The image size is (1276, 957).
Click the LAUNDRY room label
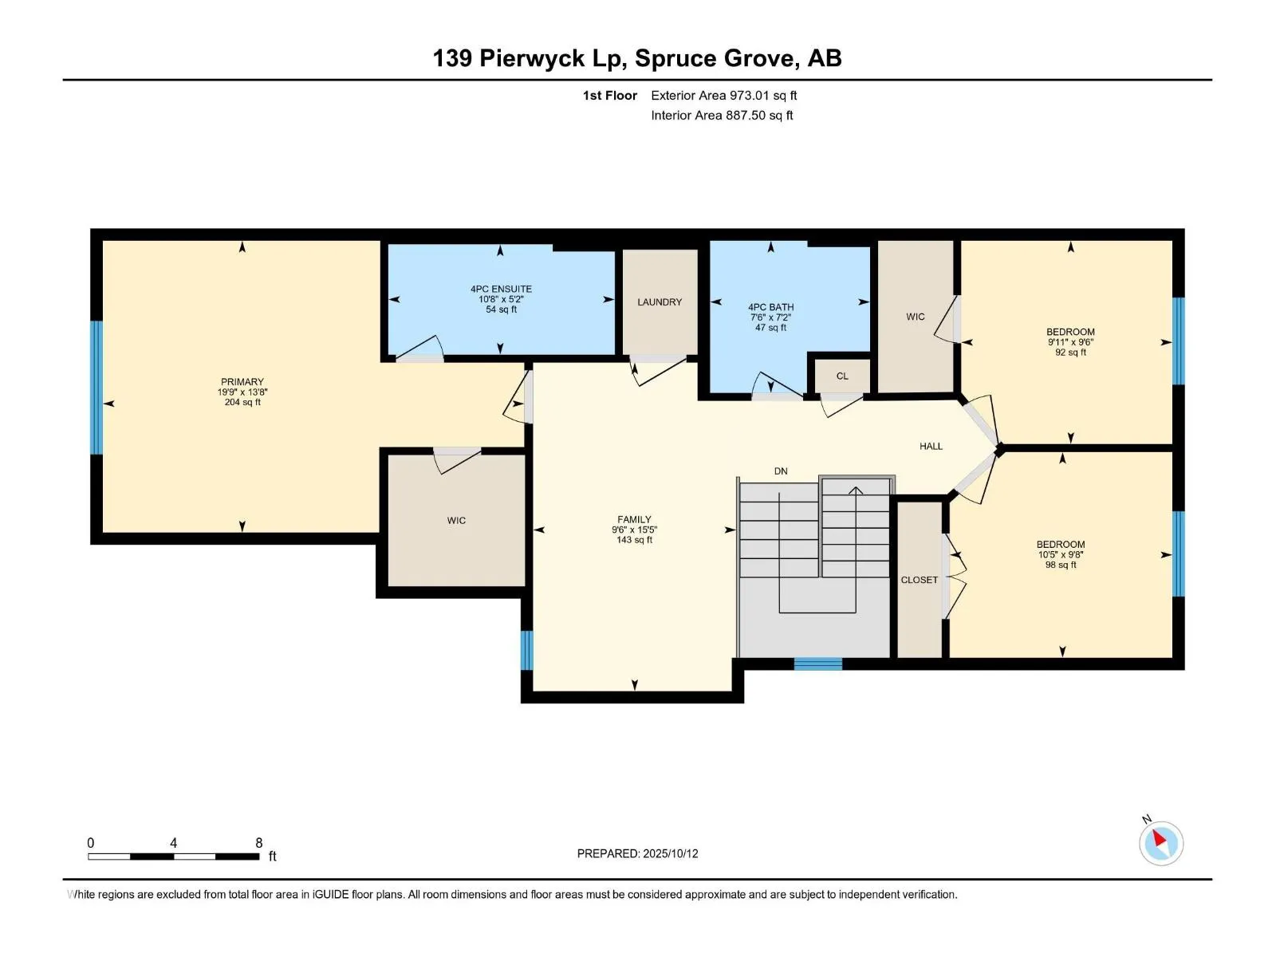coord(660,302)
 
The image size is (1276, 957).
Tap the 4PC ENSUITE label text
coord(501,289)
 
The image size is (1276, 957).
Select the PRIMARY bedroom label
coord(242,382)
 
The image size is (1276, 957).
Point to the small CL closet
coord(842,376)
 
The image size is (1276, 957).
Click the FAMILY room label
coord(634,519)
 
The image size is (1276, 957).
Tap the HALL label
coord(931,447)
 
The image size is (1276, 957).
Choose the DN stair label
coord(781,471)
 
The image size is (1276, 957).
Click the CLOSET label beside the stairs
coord(919,580)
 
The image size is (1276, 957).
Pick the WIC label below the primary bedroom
coord(456,521)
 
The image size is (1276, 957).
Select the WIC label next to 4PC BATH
coord(915,317)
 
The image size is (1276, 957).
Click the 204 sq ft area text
coord(242,402)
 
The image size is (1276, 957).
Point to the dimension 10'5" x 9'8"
coord(1061,554)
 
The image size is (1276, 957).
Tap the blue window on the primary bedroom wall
coord(96,388)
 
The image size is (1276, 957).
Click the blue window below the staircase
coord(818,664)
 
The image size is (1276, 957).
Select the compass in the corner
coord(1161,843)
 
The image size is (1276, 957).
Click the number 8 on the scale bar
coord(258,842)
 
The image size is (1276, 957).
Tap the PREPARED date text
coord(638,853)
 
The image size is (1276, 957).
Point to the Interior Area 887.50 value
coord(745,115)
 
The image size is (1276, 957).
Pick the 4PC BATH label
coord(770,307)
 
